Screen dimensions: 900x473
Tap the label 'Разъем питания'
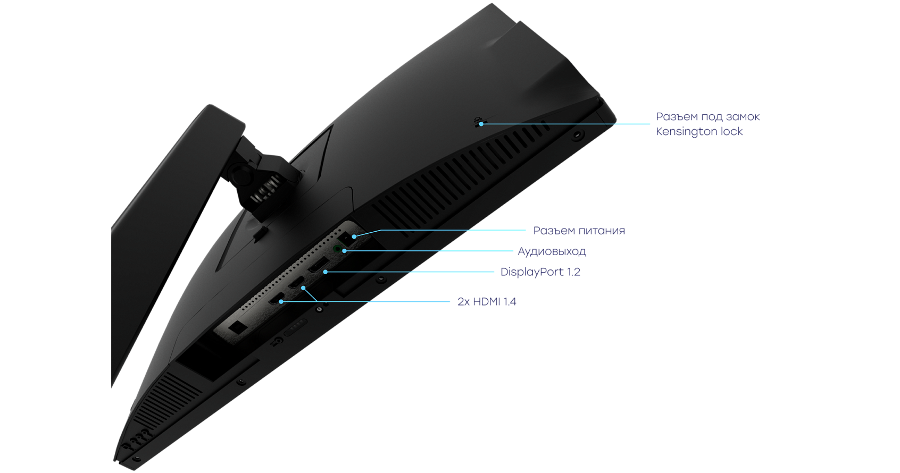click(x=579, y=231)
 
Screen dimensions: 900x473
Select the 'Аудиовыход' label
click(x=552, y=251)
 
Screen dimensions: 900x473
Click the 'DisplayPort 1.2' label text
click(x=540, y=272)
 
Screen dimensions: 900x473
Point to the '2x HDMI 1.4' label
click(x=487, y=301)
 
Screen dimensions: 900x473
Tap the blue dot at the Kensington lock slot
click(x=481, y=124)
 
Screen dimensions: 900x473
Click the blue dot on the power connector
click(x=354, y=236)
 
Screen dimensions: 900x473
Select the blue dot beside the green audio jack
click(x=344, y=251)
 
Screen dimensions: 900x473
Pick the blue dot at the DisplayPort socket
click(x=326, y=272)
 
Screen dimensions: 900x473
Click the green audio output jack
click(x=337, y=249)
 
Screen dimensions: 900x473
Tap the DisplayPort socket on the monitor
click(x=319, y=267)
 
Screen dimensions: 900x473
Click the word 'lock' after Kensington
click(x=731, y=131)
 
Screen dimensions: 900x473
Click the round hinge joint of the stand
click(x=240, y=173)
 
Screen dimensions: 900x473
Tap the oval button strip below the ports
click(x=295, y=327)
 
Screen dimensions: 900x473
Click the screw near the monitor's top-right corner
click(x=577, y=134)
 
